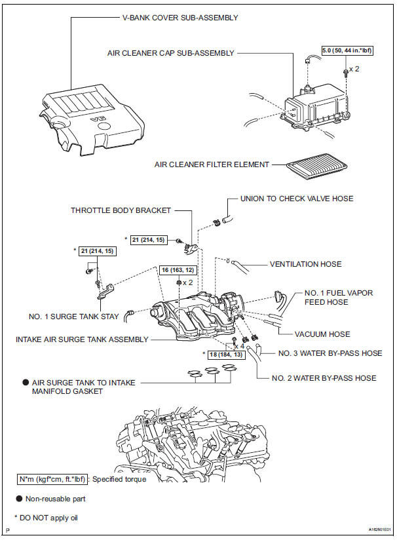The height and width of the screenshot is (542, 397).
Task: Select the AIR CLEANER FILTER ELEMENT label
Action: tap(212, 165)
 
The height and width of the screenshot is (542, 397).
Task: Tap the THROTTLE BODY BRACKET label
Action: tap(121, 210)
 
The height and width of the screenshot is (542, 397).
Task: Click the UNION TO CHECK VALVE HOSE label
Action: tap(297, 199)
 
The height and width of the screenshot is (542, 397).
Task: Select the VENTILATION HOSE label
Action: tap(305, 264)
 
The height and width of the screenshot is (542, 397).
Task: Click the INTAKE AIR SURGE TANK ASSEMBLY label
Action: tap(82, 339)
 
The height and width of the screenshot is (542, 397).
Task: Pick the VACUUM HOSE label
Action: tap(322, 334)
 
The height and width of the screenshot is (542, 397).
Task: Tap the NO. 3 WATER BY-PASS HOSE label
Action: tap(330, 353)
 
